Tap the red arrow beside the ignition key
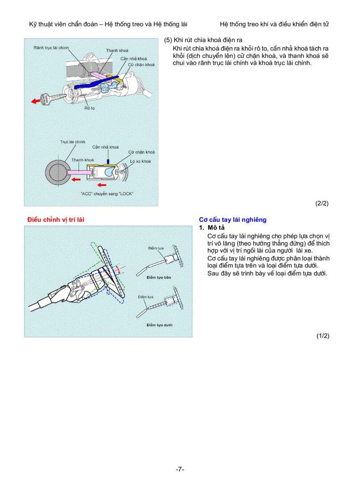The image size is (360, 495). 35,101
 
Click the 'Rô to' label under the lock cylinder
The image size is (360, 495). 90,108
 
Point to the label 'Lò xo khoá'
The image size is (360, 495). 140,161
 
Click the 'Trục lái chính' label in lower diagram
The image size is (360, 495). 72,142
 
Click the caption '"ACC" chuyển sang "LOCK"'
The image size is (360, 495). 107,194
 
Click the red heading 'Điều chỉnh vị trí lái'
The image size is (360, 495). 56,220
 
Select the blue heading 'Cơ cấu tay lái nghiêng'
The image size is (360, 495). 232,220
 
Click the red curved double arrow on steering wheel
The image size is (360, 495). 117,269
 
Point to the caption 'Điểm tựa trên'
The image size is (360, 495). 159,277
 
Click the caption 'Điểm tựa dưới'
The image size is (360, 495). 159,325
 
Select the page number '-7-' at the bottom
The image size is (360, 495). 180,469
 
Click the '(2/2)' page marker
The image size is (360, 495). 322,203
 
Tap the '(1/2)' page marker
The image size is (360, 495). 322,336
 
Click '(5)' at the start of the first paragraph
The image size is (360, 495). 168,40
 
